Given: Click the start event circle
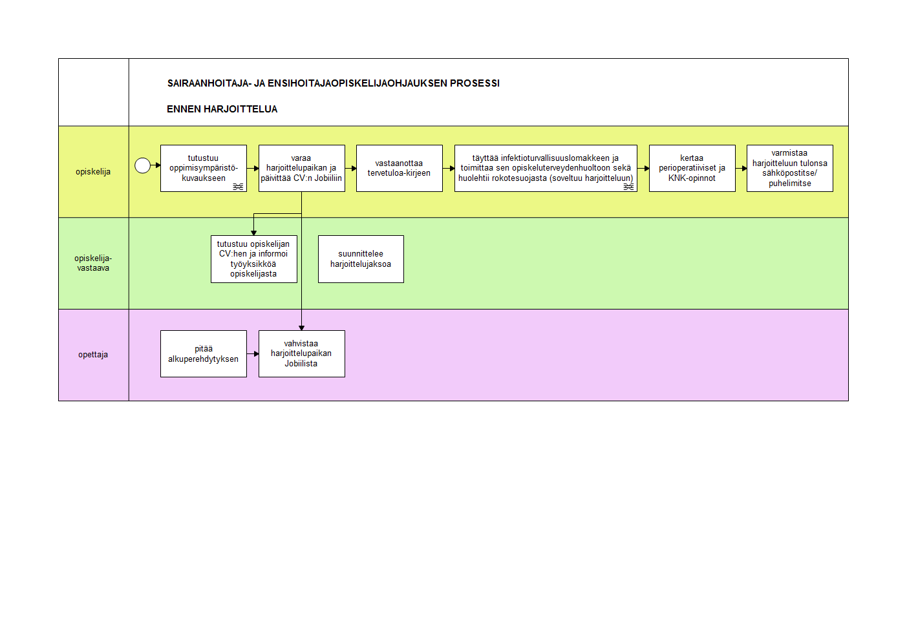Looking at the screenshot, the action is click(x=142, y=165).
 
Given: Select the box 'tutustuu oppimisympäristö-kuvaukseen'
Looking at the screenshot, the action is click(x=204, y=169).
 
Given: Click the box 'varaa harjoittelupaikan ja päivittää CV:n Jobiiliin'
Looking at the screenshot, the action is click(x=302, y=169).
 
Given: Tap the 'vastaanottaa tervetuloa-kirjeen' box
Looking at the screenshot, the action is click(x=400, y=169).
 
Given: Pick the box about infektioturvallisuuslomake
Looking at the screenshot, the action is click(x=546, y=169).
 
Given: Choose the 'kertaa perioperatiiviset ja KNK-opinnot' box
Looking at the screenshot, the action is click(x=692, y=169).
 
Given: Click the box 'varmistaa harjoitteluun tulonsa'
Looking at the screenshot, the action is click(x=789, y=169).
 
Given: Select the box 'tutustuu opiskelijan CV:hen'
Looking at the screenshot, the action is click(x=254, y=259).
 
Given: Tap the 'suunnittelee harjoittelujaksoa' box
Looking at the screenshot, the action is click(x=361, y=259).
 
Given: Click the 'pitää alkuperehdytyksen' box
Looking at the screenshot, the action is click(x=204, y=353).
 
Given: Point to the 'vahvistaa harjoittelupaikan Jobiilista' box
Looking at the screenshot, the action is click(x=302, y=353).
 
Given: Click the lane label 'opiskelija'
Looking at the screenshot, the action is click(x=93, y=172).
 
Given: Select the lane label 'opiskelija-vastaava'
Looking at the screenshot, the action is click(x=93, y=263).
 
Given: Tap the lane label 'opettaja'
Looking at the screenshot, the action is click(x=93, y=355).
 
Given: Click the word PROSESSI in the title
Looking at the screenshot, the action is click(x=475, y=83).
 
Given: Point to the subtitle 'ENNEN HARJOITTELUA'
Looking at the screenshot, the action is click(x=222, y=109).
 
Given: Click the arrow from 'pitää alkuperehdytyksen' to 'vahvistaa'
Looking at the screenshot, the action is click(x=253, y=353).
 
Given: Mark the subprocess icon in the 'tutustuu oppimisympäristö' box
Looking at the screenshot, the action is click(x=238, y=187).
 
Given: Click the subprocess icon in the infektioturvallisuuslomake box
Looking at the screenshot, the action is click(x=628, y=187).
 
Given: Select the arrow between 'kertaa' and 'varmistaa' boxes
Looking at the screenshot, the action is click(x=742, y=169).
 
